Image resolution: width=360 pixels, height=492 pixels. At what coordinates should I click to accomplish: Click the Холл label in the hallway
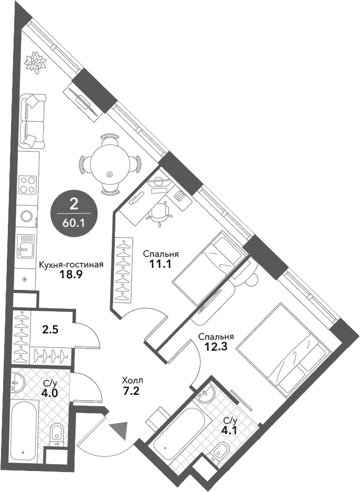click(132, 381)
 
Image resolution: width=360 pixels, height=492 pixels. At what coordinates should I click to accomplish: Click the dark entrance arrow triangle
click(120, 431)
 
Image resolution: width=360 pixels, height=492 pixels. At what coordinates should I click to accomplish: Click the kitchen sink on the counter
click(25, 245)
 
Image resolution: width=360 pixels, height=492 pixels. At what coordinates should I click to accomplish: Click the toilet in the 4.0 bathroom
click(56, 435)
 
